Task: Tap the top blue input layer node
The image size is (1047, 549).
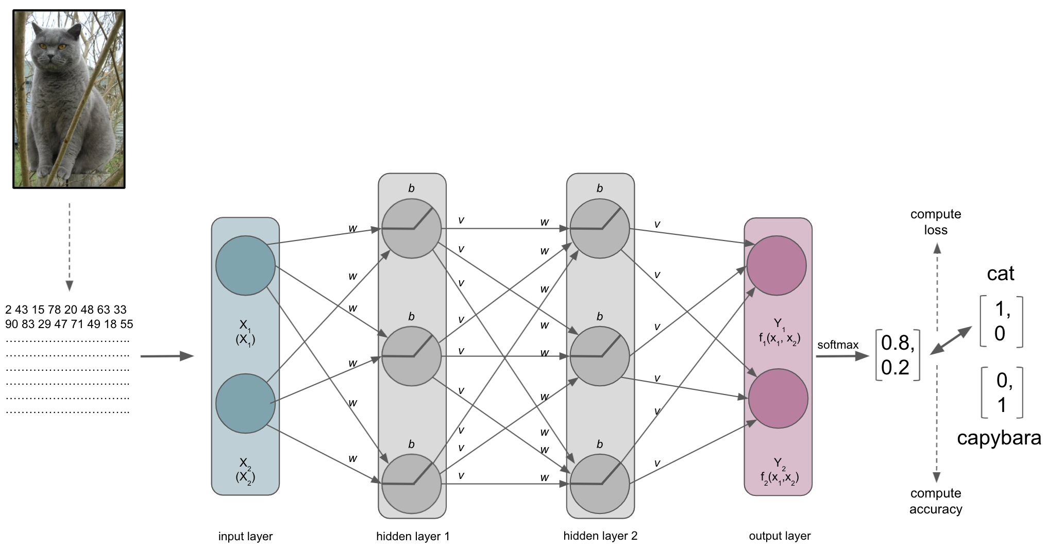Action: [245, 266]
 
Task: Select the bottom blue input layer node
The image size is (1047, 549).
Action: [245, 403]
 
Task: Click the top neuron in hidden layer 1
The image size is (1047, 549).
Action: [411, 228]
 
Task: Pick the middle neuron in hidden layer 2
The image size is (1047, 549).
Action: [599, 356]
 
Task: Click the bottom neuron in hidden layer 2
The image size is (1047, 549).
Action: [599, 484]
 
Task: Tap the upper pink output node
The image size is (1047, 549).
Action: [776, 266]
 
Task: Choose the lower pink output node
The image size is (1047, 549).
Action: [778, 398]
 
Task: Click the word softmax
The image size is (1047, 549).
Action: [838, 345]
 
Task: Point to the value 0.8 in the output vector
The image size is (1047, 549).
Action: [897, 343]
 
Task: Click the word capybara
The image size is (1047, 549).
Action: [999, 438]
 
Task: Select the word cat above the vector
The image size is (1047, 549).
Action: [1000, 273]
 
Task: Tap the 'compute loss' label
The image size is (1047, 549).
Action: [936, 222]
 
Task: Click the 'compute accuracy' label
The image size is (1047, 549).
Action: [936, 501]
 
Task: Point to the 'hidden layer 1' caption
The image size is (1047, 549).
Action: [413, 537]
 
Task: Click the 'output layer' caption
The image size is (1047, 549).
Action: [780, 536]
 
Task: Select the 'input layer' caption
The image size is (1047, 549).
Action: [245, 537]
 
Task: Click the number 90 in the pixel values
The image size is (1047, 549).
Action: [11, 324]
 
